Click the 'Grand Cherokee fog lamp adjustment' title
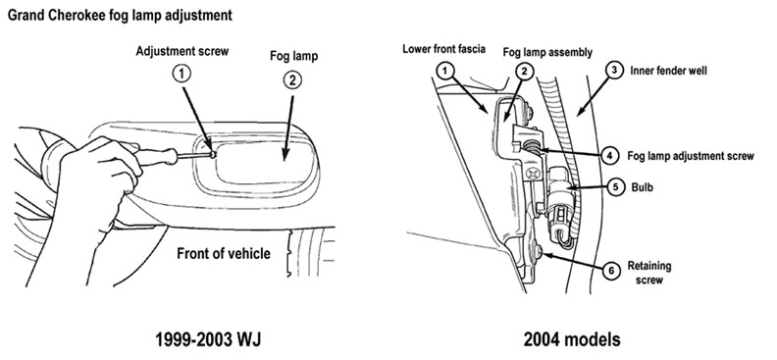pos(120,16)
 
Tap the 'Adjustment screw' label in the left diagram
pos(182,52)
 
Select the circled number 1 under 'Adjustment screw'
pos(181,75)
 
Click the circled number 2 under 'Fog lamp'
pos(292,80)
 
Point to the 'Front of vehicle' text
pos(224,254)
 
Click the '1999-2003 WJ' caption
pos(208,340)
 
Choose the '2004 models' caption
pos(572,340)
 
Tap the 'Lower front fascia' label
pos(444,49)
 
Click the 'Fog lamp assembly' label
pos(547,53)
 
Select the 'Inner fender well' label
pos(668,71)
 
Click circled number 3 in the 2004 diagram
pos(614,71)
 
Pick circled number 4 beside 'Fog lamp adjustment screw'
pos(610,155)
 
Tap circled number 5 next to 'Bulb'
pos(615,187)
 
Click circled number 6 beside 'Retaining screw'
pos(611,271)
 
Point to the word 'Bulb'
pos(643,187)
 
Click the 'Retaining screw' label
pos(649,273)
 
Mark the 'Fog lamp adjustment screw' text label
pos(691,156)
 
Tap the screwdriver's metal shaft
pos(193,155)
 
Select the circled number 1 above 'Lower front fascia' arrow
pos(445,71)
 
